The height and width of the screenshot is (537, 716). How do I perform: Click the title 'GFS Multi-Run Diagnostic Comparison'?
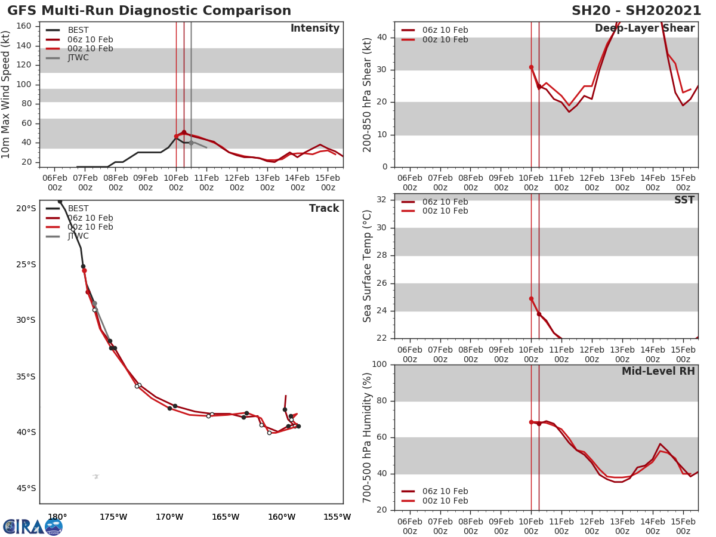coord(149,11)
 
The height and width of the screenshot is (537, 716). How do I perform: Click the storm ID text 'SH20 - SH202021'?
coord(636,11)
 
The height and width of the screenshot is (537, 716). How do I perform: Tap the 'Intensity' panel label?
coord(314,29)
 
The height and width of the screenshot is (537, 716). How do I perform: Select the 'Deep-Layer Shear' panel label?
coord(644,29)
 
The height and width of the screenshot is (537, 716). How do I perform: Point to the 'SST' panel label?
coord(684,200)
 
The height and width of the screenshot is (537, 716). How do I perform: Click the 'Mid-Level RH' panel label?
coord(658,371)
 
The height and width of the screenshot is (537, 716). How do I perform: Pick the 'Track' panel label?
coord(324,208)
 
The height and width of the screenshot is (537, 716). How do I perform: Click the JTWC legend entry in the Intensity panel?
coord(78,58)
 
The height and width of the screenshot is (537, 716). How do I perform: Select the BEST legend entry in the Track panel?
coord(78,208)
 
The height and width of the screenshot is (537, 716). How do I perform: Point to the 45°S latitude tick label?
coord(26,488)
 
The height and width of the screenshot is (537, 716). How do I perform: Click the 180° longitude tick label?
coord(57,517)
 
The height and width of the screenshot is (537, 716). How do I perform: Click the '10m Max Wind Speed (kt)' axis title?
coord(7,94)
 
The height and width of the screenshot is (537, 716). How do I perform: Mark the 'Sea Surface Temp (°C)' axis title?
coord(368,266)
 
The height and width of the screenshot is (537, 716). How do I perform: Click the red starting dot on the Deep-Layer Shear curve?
coord(531,67)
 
